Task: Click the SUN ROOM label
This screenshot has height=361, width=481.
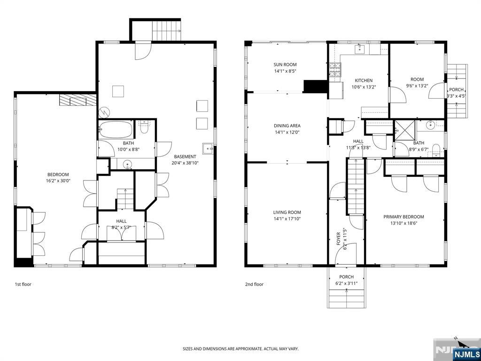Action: [285, 65]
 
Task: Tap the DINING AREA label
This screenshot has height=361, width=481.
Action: [287, 126]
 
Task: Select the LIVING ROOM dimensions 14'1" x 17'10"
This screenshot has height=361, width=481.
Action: [287, 219]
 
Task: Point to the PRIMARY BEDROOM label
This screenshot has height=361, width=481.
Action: [403, 217]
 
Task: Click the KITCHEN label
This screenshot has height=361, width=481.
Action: [364, 81]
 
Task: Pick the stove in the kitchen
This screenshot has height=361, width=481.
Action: [335, 70]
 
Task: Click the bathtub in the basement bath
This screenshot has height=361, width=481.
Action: [116, 130]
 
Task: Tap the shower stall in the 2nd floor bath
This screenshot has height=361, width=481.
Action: [405, 131]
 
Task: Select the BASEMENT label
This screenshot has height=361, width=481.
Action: [185, 157]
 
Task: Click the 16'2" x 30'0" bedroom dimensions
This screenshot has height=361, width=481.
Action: [58, 181]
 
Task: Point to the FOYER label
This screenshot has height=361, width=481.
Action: [338, 239]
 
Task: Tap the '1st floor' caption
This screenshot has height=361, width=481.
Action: [23, 284]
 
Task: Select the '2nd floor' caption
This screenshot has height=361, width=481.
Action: [254, 284]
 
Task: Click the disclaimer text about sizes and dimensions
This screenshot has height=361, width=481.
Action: [240, 349]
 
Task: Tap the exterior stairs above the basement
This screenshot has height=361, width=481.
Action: [166, 31]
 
